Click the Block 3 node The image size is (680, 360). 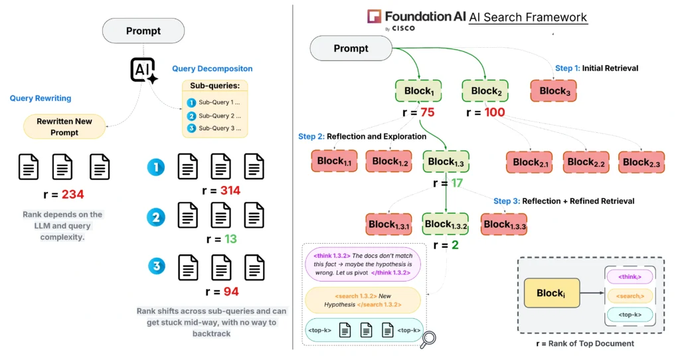tap(554, 91)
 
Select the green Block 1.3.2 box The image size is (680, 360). tap(445, 224)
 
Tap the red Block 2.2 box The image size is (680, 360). tap(586, 161)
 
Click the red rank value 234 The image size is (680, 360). tap(73, 195)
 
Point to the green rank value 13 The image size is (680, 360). tap(230, 238)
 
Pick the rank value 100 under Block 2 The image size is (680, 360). tap(495, 112)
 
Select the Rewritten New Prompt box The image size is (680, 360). tap(64, 127)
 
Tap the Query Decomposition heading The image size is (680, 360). tap(212, 68)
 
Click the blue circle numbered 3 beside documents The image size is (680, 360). tap(156, 267)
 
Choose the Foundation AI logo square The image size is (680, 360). tap(375, 17)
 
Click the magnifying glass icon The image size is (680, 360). tap(428, 339)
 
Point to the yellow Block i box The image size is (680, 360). tap(551, 293)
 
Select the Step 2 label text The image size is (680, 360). tap(362, 136)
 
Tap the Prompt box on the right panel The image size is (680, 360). tap(351, 48)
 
